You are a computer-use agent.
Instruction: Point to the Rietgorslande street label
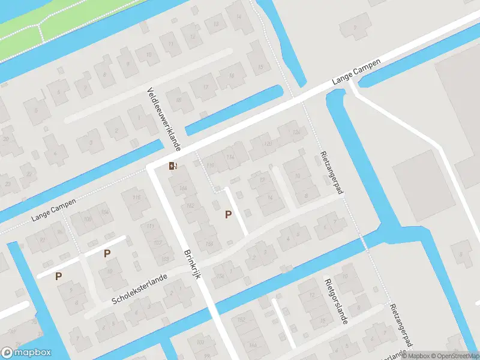point(335,301)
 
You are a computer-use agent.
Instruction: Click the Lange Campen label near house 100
point(55,209)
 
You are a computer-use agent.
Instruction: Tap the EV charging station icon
point(173,166)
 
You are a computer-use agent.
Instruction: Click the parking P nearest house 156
point(228,214)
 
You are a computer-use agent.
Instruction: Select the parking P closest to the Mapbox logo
point(59,276)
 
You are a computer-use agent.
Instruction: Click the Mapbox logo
point(25,353)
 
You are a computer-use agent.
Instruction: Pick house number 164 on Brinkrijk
point(182,190)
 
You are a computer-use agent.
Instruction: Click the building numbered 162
point(190,206)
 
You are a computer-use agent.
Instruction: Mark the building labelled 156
point(209,243)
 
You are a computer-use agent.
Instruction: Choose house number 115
point(136,198)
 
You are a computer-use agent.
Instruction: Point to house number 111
point(149,226)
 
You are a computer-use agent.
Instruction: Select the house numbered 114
point(230,157)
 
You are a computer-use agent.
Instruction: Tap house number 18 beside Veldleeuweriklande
point(178,100)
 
